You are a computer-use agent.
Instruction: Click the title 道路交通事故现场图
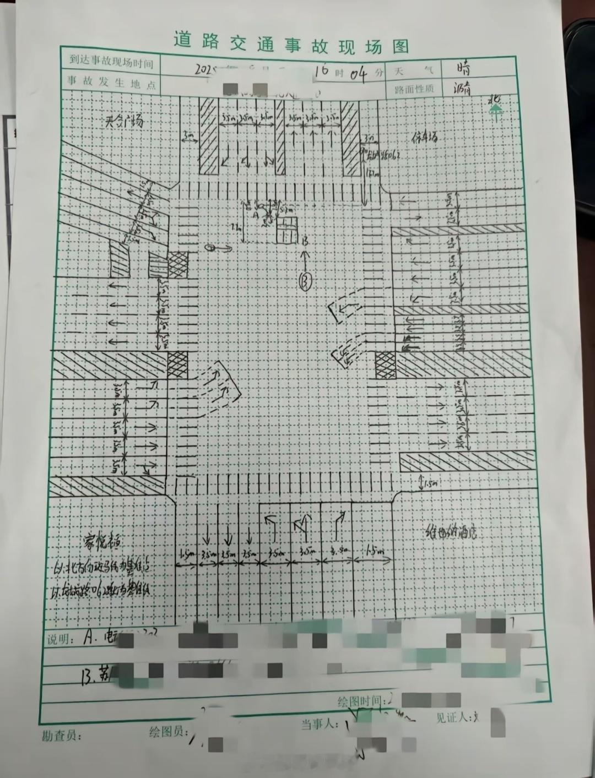coord(291,42)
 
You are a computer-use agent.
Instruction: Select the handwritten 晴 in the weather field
coord(463,69)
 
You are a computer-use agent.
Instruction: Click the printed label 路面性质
coord(414,89)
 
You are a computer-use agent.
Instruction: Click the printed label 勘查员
coord(61,736)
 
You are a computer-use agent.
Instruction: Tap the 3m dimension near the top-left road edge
coord(189,135)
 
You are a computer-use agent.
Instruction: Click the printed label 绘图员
coord(168,732)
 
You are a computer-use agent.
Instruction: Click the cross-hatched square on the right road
coord(385,365)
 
